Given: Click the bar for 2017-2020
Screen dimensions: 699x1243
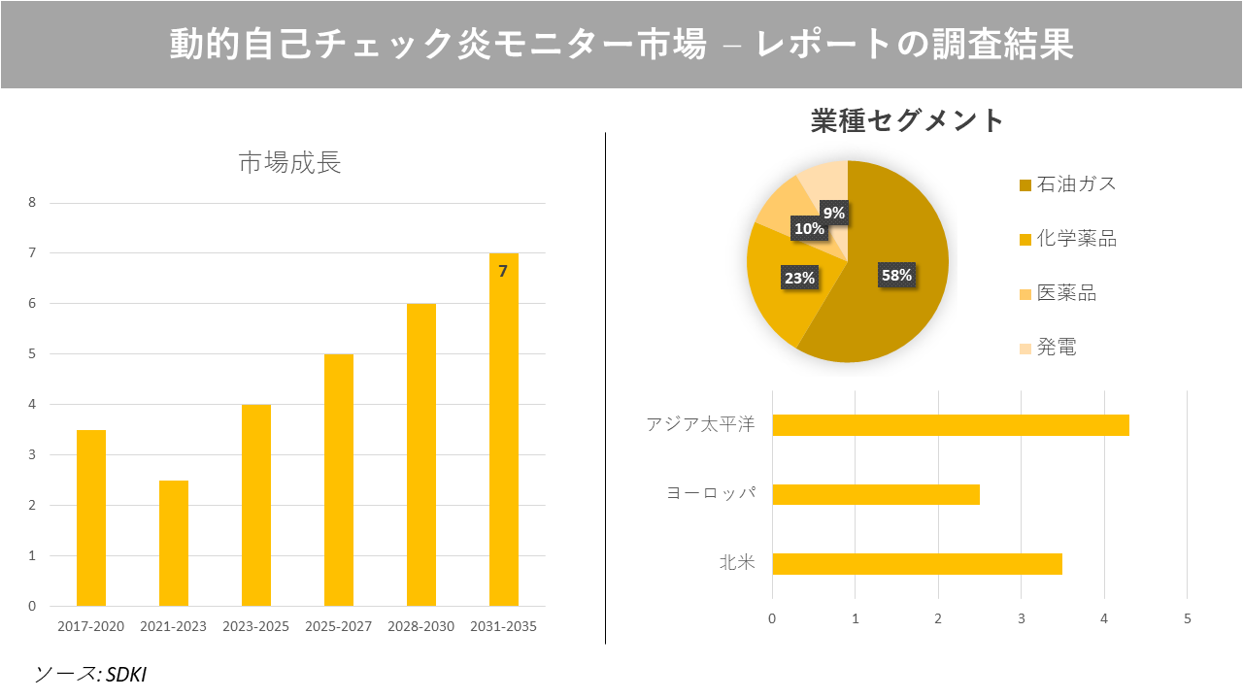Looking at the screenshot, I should coord(91,517).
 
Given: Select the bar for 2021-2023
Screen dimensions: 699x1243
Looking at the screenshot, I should coord(174,543).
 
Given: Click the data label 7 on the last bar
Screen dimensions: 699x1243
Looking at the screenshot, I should coord(503,272).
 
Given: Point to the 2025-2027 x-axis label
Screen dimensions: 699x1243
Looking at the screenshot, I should coord(338,626).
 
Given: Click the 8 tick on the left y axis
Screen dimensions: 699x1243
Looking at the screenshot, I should coord(32,203).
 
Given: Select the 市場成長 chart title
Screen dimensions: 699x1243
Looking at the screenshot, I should coord(289,163).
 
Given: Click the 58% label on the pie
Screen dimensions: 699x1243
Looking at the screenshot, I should coord(896,275).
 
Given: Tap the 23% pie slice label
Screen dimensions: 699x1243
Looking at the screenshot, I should coord(799,278).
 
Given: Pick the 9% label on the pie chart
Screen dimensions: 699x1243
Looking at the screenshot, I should coord(833,212).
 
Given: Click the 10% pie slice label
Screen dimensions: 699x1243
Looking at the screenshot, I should coord(809,229).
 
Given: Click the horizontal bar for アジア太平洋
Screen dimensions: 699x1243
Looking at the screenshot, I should coord(950,425).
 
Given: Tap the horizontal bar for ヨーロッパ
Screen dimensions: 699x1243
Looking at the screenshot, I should coord(875,494).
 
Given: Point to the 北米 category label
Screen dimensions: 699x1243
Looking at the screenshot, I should coord(736,563).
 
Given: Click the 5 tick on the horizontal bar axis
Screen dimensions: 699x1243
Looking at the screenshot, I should coord(1187,618).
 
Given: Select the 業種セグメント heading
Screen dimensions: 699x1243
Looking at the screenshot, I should coord(907,120).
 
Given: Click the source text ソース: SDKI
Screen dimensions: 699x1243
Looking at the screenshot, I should coord(90,674).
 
